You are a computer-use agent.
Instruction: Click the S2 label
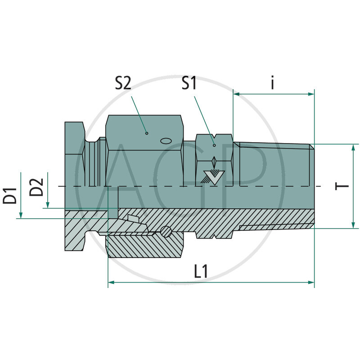point(123,83)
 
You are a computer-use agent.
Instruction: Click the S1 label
point(189,83)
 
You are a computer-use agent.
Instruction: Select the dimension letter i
point(273,84)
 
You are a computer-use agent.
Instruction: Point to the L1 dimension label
point(201,271)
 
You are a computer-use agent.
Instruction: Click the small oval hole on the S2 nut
point(166,141)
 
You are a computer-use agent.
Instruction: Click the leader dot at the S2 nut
point(146,133)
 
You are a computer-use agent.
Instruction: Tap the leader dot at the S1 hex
point(214,145)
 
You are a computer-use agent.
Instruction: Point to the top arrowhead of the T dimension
point(354,147)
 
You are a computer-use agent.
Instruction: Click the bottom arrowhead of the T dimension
point(354,225)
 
